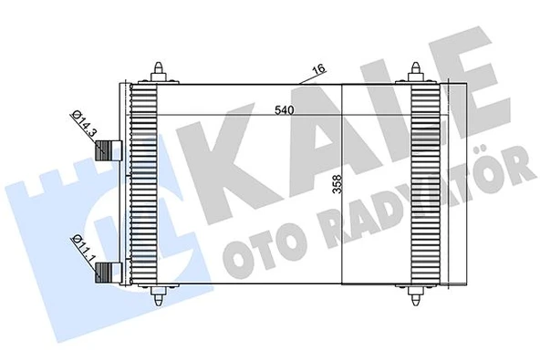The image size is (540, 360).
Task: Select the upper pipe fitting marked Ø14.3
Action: point(111,151)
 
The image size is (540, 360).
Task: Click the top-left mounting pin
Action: point(161,70)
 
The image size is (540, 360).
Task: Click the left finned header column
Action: point(143,182)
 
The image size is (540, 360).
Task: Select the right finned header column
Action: point(425,182)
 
